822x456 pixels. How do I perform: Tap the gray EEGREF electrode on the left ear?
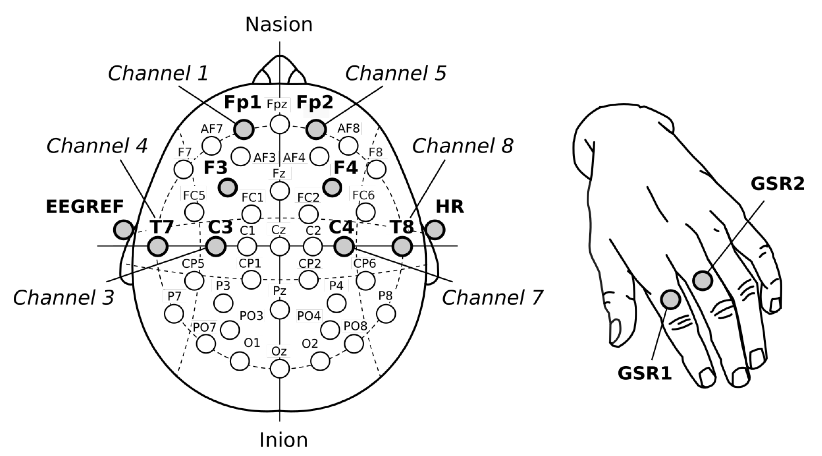pyautogui.click(x=123, y=230)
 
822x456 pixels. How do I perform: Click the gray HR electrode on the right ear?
pyautogui.click(x=435, y=230)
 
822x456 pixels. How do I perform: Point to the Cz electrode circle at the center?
pyautogui.click(x=279, y=247)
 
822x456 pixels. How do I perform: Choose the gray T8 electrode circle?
pyautogui.click(x=402, y=247)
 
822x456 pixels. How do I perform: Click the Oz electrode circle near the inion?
pyautogui.click(x=279, y=368)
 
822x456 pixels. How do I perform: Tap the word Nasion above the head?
pyautogui.click(x=279, y=25)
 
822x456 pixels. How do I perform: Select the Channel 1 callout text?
pyautogui.click(x=158, y=74)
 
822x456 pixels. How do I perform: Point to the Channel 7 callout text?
pyautogui.click(x=492, y=298)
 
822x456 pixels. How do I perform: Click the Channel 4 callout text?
pyautogui.click(x=97, y=146)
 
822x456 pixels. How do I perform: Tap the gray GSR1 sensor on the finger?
pyautogui.click(x=670, y=300)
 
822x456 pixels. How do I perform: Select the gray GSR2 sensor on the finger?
pyautogui.click(x=702, y=281)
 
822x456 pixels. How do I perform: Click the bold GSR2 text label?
pyautogui.click(x=777, y=184)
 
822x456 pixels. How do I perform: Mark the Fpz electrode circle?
pyautogui.click(x=279, y=124)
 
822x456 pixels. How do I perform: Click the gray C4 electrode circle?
pyautogui.click(x=344, y=247)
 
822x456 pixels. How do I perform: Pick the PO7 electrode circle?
pyautogui.click(x=206, y=344)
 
